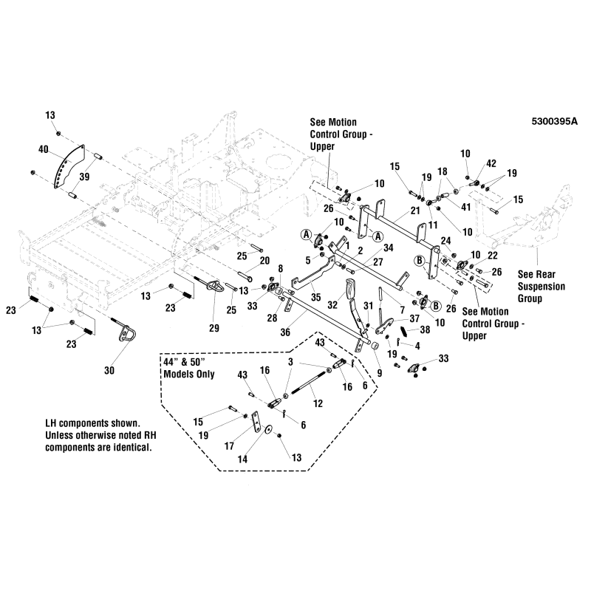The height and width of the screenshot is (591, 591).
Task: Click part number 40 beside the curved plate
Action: pos(44,149)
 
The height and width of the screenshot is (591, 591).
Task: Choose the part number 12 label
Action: pos(318,404)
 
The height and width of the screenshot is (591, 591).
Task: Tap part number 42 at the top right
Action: pos(491,164)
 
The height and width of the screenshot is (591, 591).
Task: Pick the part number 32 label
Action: pos(332,303)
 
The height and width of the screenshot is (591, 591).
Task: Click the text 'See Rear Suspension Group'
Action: pos(541,285)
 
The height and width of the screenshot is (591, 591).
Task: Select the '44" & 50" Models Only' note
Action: pos(188,366)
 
